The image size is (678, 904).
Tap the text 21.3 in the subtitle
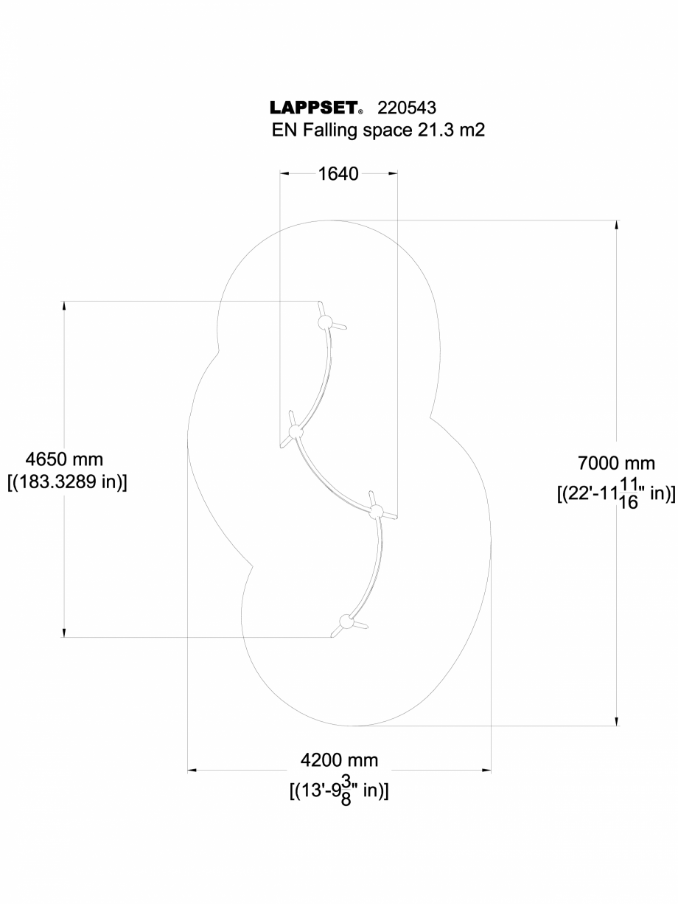tap(424, 131)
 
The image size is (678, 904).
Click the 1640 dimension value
tap(338, 174)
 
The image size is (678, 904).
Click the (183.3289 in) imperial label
tap(66, 482)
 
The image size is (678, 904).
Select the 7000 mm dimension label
tap(616, 463)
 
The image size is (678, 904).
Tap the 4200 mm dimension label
tap(339, 760)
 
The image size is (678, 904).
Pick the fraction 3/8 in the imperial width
tap(346, 793)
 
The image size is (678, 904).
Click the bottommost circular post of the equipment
tap(345, 620)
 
